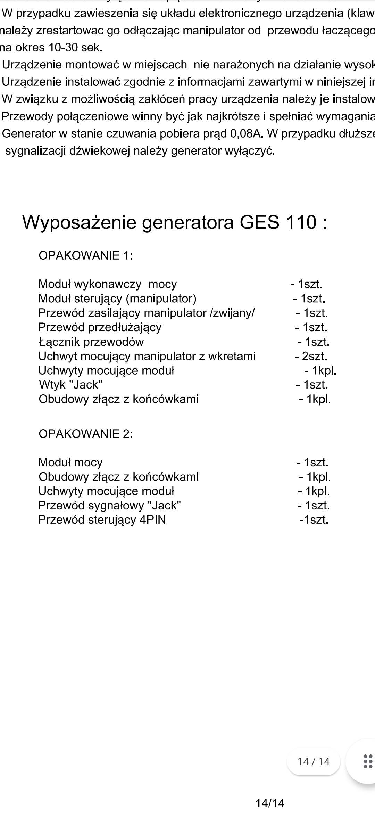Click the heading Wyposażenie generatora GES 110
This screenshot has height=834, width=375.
(174, 222)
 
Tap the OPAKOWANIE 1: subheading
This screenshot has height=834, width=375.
(85, 256)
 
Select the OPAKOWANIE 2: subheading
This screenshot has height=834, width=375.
(85, 434)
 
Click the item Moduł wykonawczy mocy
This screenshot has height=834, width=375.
(107, 284)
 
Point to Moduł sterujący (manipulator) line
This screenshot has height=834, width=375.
(117, 299)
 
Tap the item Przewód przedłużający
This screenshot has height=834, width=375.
(100, 327)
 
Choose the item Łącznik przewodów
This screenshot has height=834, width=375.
(91, 342)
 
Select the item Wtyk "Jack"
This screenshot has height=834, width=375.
(70, 385)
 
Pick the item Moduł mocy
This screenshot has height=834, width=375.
(70, 463)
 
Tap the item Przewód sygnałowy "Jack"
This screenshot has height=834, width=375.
(109, 505)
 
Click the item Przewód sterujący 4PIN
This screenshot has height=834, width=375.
(102, 520)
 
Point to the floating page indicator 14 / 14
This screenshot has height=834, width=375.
(313, 761)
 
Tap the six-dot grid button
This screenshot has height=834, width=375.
(367, 761)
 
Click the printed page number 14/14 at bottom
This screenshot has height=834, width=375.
(270, 803)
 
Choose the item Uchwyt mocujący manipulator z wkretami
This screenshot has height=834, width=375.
(147, 356)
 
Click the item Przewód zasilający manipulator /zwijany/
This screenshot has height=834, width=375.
(146, 313)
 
